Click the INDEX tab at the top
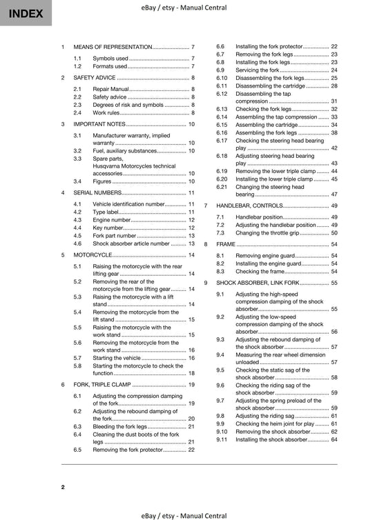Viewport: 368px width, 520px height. point(25,13)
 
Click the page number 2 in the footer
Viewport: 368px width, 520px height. point(63,488)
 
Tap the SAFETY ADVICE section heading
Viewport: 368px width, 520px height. point(99,78)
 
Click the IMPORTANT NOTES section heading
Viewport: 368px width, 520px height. point(103,124)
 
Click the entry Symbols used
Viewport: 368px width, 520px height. point(110,59)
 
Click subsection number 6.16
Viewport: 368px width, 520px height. point(222,132)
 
